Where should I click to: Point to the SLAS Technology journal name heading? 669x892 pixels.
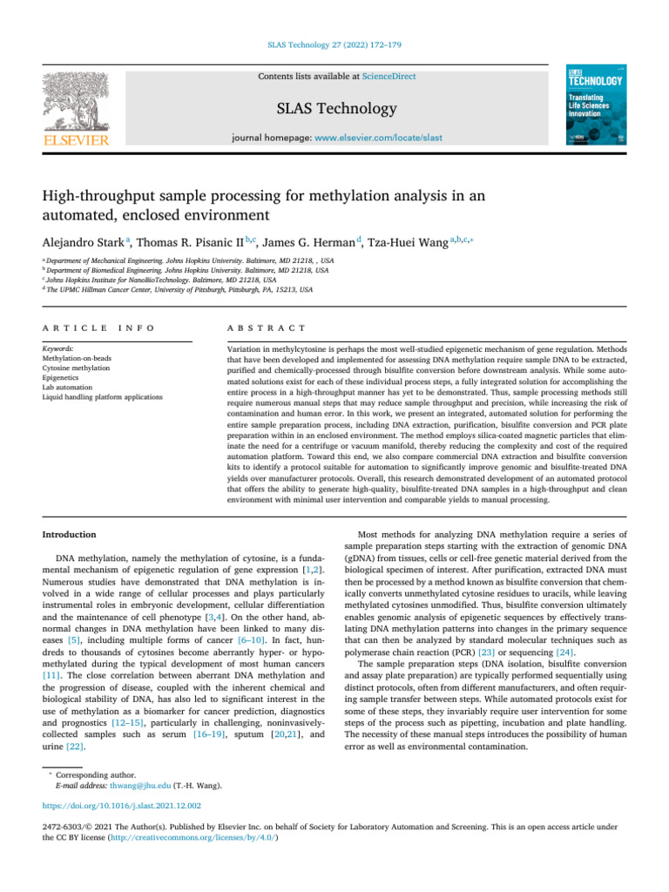335,109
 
